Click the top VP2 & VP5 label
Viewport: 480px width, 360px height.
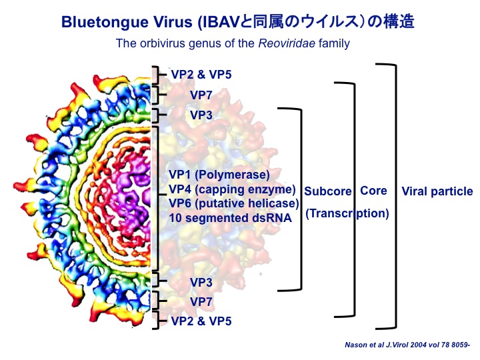tap(201, 75)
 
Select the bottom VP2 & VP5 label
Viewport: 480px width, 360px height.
tap(201, 321)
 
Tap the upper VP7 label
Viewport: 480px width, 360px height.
tap(201, 95)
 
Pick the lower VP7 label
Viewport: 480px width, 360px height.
tap(201, 302)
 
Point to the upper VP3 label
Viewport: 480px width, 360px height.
tap(201, 115)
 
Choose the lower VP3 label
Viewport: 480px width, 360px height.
tap(201, 282)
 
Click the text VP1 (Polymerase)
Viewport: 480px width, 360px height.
tap(219, 175)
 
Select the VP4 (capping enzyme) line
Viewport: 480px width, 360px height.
tap(233, 189)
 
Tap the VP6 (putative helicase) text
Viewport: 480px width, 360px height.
tap(234, 203)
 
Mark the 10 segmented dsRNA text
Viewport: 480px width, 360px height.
tap(230, 218)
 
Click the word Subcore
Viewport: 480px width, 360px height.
tap(328, 191)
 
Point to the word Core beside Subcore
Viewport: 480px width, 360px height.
tap(373, 191)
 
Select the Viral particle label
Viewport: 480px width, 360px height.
tap(437, 191)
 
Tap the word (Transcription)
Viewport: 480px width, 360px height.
tap(347, 213)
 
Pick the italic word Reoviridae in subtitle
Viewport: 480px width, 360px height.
tap(287, 43)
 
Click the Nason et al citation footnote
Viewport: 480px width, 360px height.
tap(407, 345)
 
